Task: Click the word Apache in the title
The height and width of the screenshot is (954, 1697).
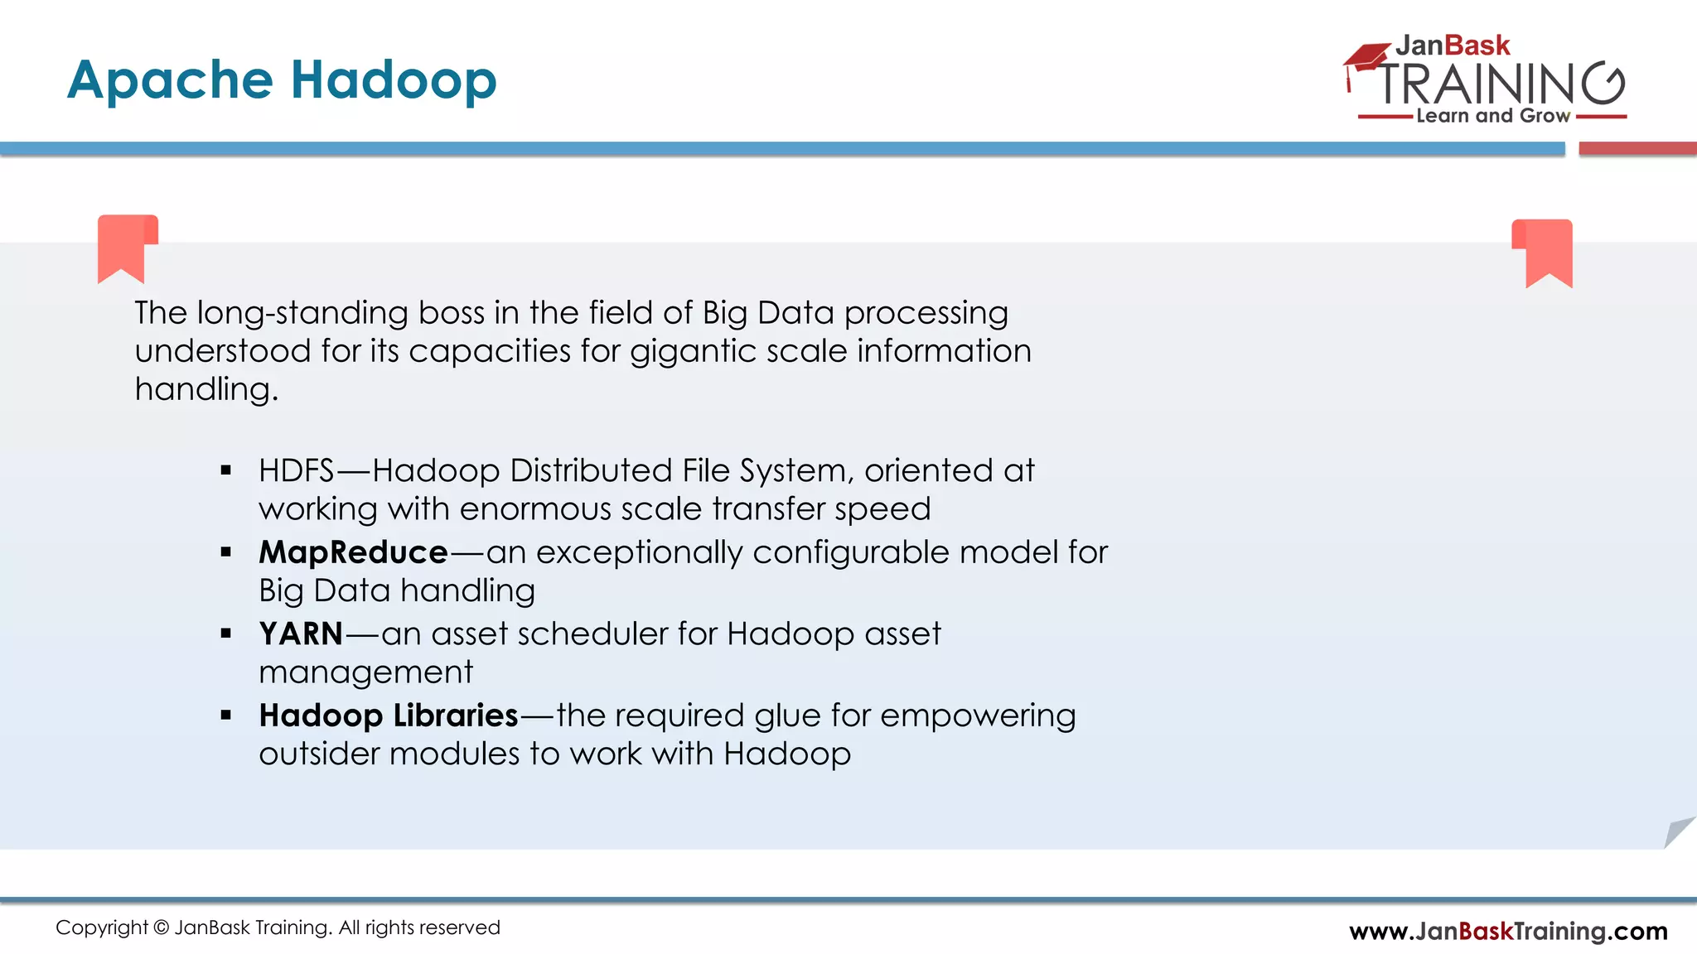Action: (170, 81)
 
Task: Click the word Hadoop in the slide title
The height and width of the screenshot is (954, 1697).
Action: (394, 79)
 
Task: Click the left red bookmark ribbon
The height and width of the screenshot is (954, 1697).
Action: (126, 247)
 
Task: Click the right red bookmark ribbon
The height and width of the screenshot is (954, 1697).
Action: (1544, 251)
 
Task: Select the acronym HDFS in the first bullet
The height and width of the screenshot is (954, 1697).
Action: (296, 470)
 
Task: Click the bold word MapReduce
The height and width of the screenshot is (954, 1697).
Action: (353, 552)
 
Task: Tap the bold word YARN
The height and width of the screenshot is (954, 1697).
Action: (301, 634)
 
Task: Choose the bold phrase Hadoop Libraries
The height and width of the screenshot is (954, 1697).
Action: (389, 715)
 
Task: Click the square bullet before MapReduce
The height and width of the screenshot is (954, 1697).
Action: (226, 552)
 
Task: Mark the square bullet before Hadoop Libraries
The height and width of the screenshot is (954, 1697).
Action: (226, 715)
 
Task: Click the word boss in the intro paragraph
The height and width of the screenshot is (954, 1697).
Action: (452, 313)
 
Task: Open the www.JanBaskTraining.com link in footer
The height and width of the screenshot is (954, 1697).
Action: (1508, 931)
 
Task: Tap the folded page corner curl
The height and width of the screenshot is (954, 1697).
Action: (1679, 831)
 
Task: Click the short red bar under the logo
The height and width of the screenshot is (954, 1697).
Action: (1637, 149)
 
